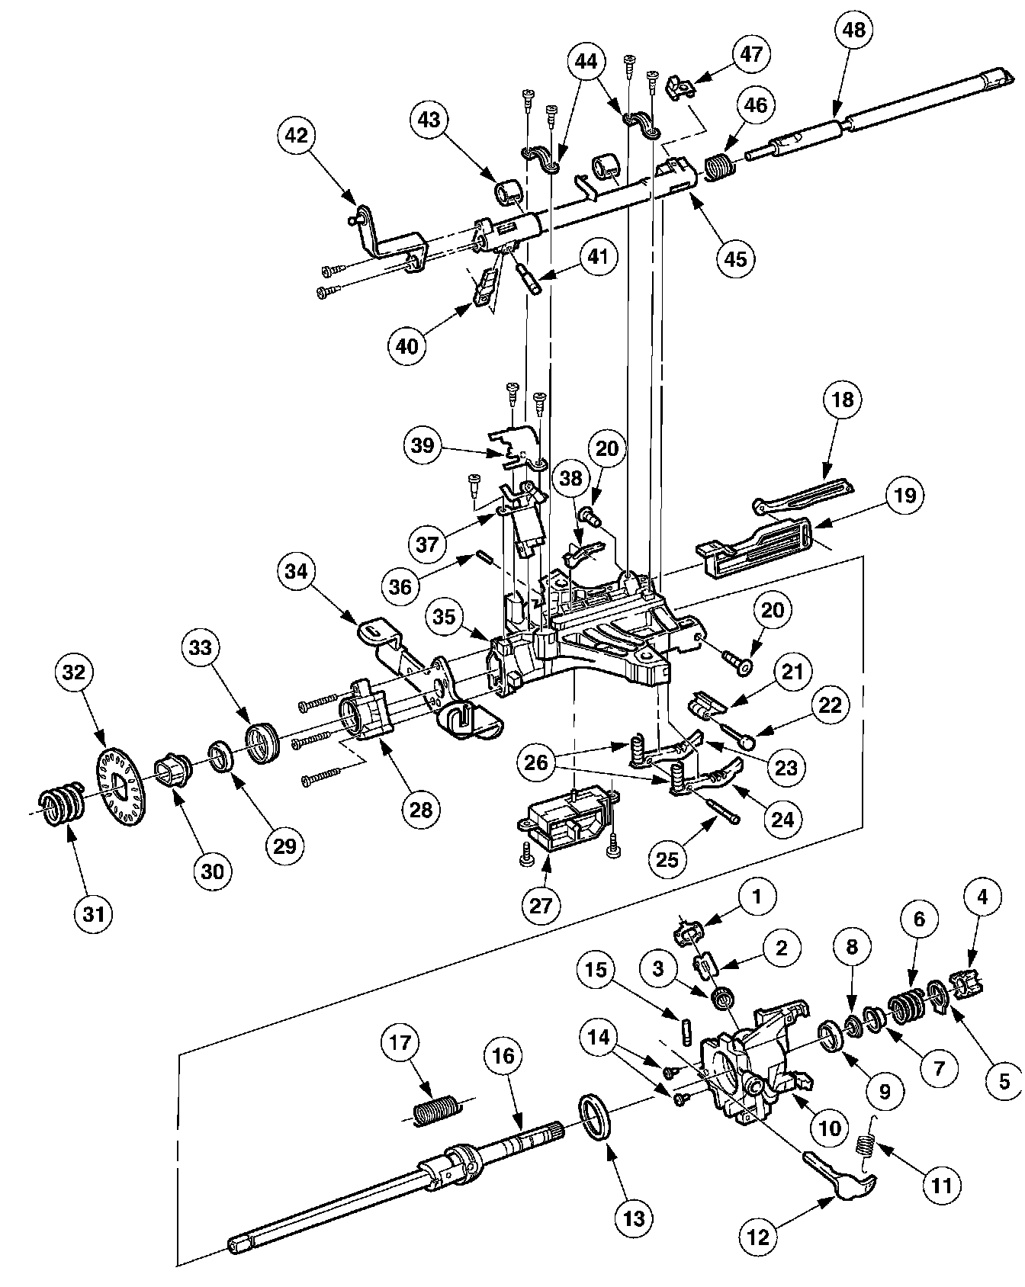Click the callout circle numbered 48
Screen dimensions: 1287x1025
[855, 30]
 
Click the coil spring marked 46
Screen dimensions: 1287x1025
[717, 167]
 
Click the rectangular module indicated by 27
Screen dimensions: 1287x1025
[566, 824]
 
